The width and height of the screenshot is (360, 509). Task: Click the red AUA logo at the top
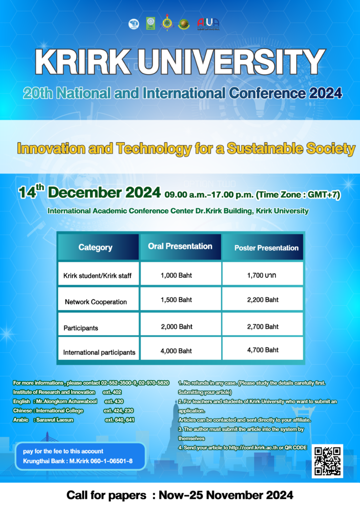point(208,23)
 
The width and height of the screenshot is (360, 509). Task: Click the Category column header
point(95,247)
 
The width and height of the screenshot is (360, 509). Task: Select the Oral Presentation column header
point(180,246)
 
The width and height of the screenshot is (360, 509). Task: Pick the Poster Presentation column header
point(266,248)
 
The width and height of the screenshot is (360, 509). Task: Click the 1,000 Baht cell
point(176,274)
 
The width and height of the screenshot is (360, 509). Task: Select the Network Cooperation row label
point(96,302)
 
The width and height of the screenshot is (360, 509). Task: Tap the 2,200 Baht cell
point(262,300)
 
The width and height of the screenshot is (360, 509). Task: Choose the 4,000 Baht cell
point(176,351)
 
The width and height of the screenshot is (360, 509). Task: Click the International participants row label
point(99,352)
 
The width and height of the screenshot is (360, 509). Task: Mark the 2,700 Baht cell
point(262,327)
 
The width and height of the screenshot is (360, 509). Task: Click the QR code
point(327,461)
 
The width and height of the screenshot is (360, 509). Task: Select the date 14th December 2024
point(90,192)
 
